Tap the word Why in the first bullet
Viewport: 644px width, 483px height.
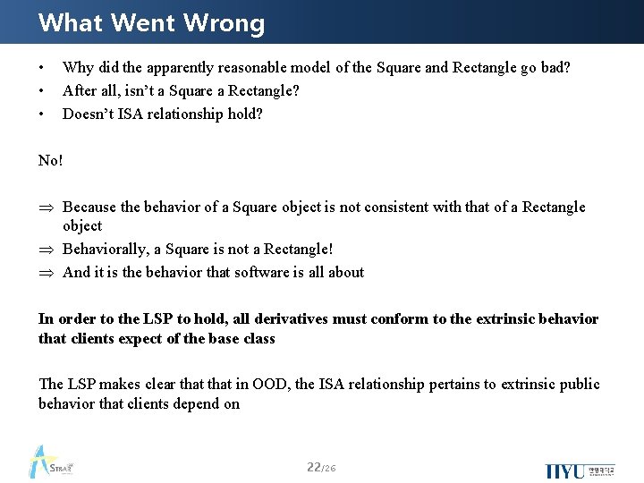click(x=78, y=68)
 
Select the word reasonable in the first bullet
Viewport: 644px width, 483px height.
click(x=240, y=68)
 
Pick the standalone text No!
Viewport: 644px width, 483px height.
click(x=51, y=160)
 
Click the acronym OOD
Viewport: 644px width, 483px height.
click(x=271, y=385)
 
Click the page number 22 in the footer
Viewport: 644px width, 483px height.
click(x=313, y=467)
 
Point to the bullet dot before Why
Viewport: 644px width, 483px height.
click(x=42, y=69)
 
